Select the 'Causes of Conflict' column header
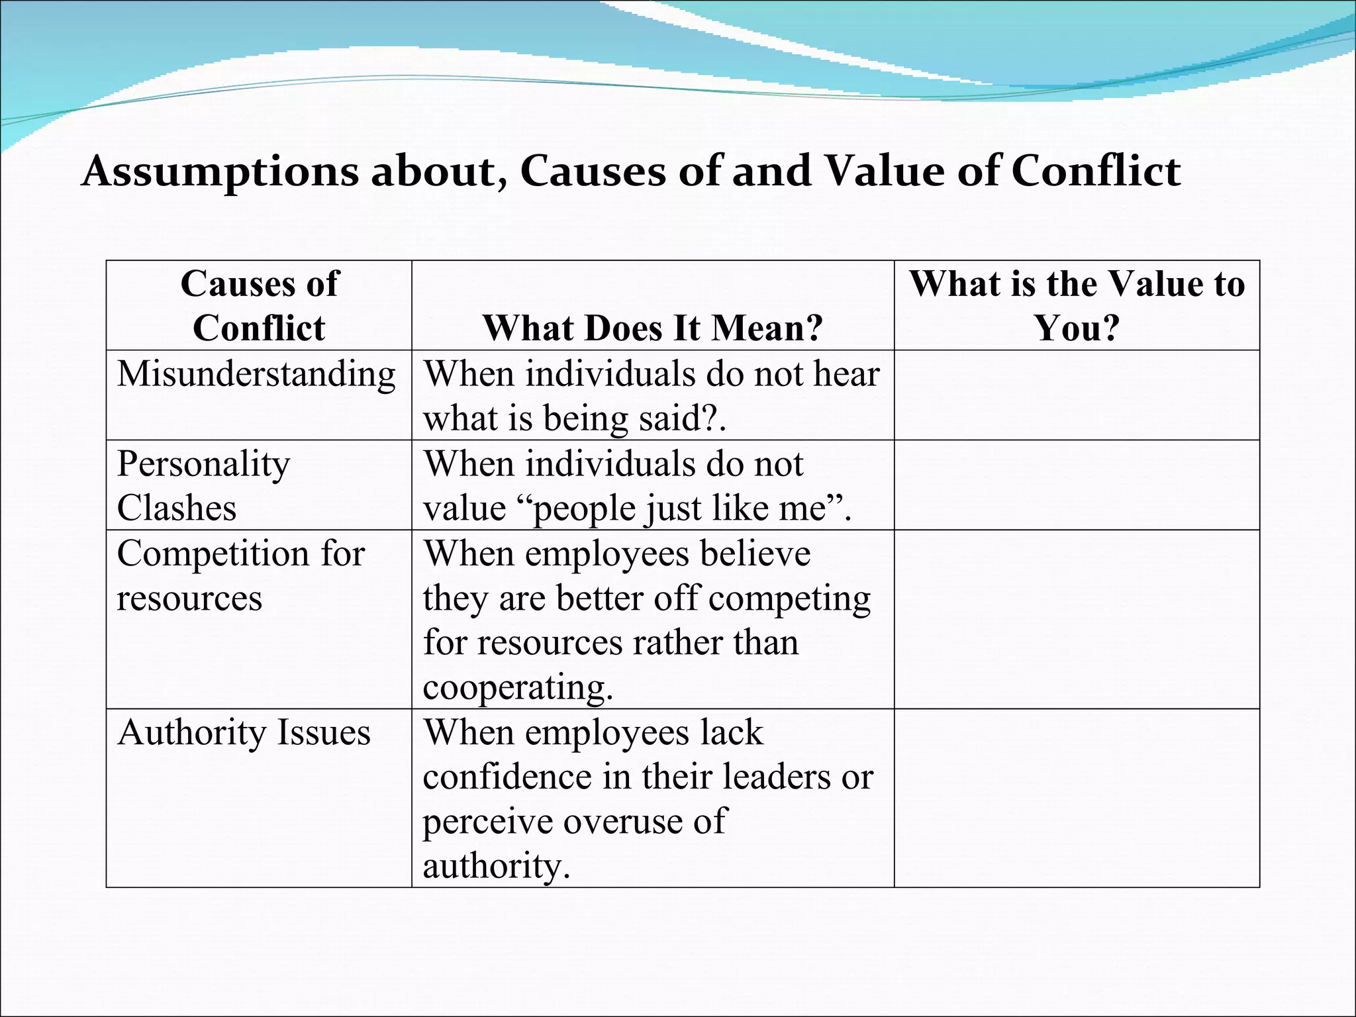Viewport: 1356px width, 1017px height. (x=259, y=306)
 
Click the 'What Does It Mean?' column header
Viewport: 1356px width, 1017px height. (x=652, y=328)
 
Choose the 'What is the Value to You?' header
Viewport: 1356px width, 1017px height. (x=1077, y=306)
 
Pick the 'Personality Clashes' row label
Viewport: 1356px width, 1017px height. (x=203, y=485)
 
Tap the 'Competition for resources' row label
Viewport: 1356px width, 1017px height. (x=240, y=575)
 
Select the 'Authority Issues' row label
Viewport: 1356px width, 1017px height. (x=244, y=733)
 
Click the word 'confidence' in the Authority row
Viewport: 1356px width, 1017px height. (x=507, y=777)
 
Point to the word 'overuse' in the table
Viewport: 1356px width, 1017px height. (x=619, y=822)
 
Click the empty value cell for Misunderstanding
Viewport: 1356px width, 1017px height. (x=1077, y=395)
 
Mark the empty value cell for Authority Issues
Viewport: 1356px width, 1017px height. (x=1077, y=798)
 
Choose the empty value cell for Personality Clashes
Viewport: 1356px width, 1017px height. (x=1077, y=485)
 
